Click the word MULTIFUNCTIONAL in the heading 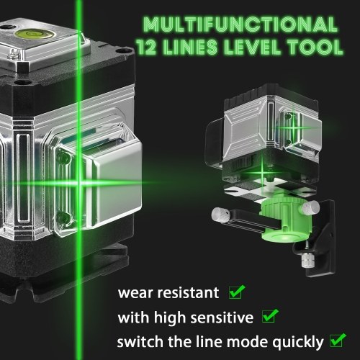pyautogui.click(x=240, y=24)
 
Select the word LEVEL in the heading pyautogui.click(x=252, y=47)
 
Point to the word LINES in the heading pyautogui.click(x=189, y=47)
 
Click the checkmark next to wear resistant pyautogui.click(x=237, y=292)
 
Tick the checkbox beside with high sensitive pyautogui.click(x=270, y=315)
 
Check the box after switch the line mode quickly pyautogui.click(x=338, y=340)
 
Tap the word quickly pyautogui.click(x=297, y=343)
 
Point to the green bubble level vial pyautogui.click(x=34, y=34)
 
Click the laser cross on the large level pyautogui.click(x=78, y=184)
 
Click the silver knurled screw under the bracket pyautogui.click(x=307, y=260)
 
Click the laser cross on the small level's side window pyautogui.click(x=293, y=127)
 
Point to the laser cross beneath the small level pyautogui.click(x=262, y=172)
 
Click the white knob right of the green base pyautogui.click(x=311, y=207)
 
